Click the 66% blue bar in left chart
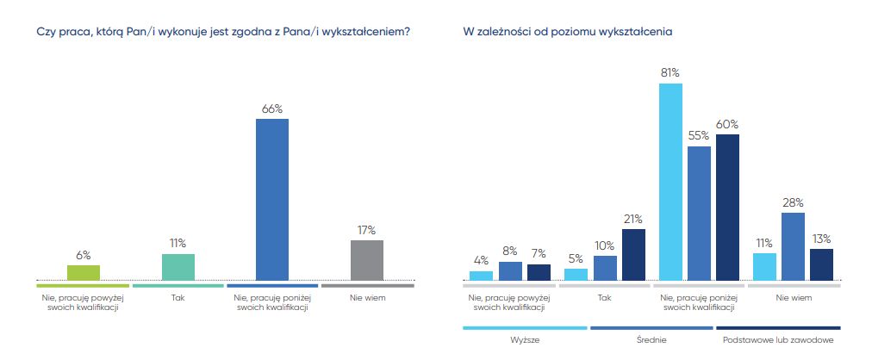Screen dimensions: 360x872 272,199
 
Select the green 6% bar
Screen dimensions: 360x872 84,272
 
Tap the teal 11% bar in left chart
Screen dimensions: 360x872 178,267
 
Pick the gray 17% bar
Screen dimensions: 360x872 367,260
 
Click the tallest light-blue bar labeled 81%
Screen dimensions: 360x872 670,182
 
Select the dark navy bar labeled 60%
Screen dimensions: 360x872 728,207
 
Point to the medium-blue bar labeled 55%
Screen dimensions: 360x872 699,213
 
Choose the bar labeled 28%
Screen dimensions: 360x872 793,246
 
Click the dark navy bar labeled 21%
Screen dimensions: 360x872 633,254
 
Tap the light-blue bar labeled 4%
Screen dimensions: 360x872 481,276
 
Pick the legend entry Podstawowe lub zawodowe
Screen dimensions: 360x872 777,340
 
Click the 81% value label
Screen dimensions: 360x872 670,72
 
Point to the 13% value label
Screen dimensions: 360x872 821,238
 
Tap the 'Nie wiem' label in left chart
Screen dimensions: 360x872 367,298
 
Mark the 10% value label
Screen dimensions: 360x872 606,245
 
